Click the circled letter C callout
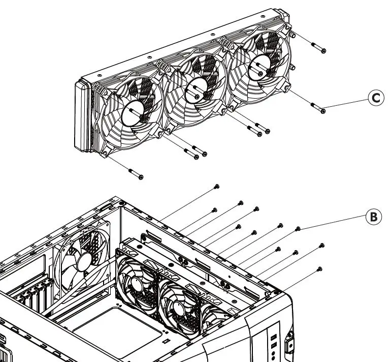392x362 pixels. click(x=375, y=98)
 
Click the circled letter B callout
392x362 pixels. click(x=373, y=217)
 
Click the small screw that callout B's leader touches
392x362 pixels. click(x=298, y=228)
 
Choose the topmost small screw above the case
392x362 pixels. click(x=217, y=187)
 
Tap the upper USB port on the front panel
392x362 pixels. click(x=274, y=338)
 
